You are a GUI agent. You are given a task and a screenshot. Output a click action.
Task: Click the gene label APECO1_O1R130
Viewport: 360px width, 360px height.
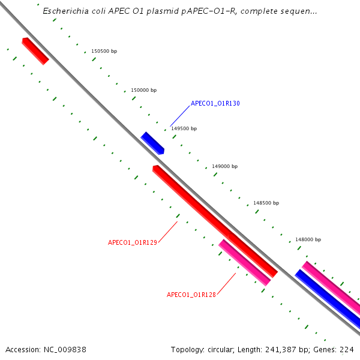click(x=215, y=103)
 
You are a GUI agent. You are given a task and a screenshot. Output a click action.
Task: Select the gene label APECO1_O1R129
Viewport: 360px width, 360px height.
click(x=132, y=242)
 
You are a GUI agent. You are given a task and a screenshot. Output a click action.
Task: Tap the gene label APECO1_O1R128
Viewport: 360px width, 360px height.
click(x=191, y=295)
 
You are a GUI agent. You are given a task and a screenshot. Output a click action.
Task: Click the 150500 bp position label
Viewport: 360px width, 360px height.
click(x=104, y=51)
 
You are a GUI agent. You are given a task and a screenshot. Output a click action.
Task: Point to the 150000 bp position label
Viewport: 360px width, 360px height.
click(x=143, y=90)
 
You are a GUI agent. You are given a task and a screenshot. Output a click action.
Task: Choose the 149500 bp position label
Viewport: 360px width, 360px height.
click(x=184, y=128)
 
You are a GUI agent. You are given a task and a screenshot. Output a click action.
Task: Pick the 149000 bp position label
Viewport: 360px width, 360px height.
click(x=224, y=166)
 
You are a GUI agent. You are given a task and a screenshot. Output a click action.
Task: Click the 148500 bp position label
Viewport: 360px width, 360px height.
click(x=266, y=203)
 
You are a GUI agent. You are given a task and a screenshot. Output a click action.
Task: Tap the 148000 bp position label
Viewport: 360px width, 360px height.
click(x=307, y=239)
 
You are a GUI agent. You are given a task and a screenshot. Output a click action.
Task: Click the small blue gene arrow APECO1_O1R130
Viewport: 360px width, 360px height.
click(x=152, y=143)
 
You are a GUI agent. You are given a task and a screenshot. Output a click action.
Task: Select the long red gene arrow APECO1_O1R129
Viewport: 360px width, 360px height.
click(x=214, y=221)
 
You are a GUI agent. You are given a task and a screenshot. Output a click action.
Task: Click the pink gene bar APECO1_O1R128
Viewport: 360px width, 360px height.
click(x=244, y=263)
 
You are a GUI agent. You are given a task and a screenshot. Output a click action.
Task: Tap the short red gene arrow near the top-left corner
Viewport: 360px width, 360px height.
click(x=35, y=50)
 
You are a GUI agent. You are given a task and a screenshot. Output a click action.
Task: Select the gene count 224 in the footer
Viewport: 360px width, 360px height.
click(x=347, y=349)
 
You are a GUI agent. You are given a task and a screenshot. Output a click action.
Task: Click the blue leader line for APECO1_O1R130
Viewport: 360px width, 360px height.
click(x=179, y=115)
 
